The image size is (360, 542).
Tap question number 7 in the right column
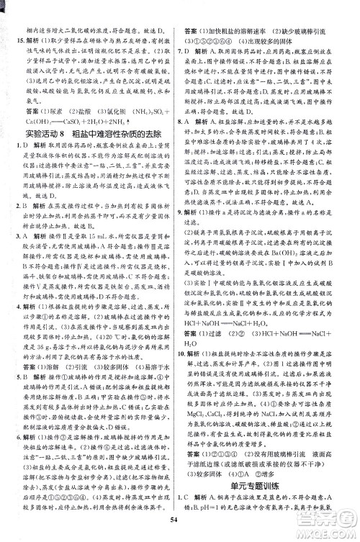(187, 53)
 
